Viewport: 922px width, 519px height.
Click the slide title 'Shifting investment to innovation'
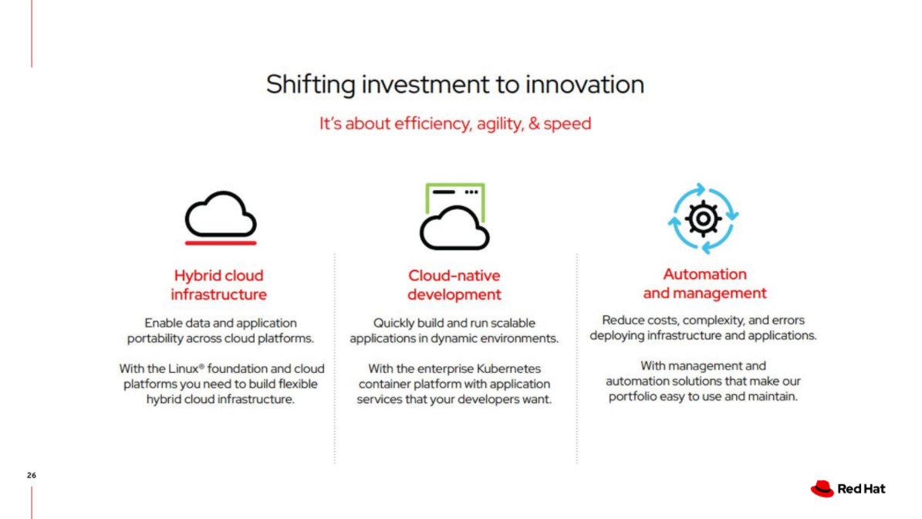click(x=455, y=85)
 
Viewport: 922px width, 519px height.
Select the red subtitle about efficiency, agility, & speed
click(x=455, y=124)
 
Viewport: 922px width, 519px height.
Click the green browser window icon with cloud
click(x=454, y=216)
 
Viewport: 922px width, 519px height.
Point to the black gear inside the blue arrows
click(x=703, y=219)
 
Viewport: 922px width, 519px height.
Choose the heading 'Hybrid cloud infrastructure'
click(x=219, y=285)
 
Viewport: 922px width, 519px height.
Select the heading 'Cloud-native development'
click(x=454, y=285)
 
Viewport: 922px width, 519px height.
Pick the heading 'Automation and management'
click(x=704, y=283)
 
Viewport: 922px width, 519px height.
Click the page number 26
click(x=32, y=475)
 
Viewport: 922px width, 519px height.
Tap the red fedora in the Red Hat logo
click(x=822, y=488)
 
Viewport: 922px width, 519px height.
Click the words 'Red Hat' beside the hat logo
click(x=862, y=489)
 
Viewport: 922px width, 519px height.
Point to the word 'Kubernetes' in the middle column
click(x=508, y=369)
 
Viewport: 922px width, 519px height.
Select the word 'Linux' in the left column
click(x=184, y=369)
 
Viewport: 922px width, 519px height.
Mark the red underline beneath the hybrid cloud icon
click(x=221, y=243)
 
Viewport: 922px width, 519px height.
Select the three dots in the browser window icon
click(x=471, y=192)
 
